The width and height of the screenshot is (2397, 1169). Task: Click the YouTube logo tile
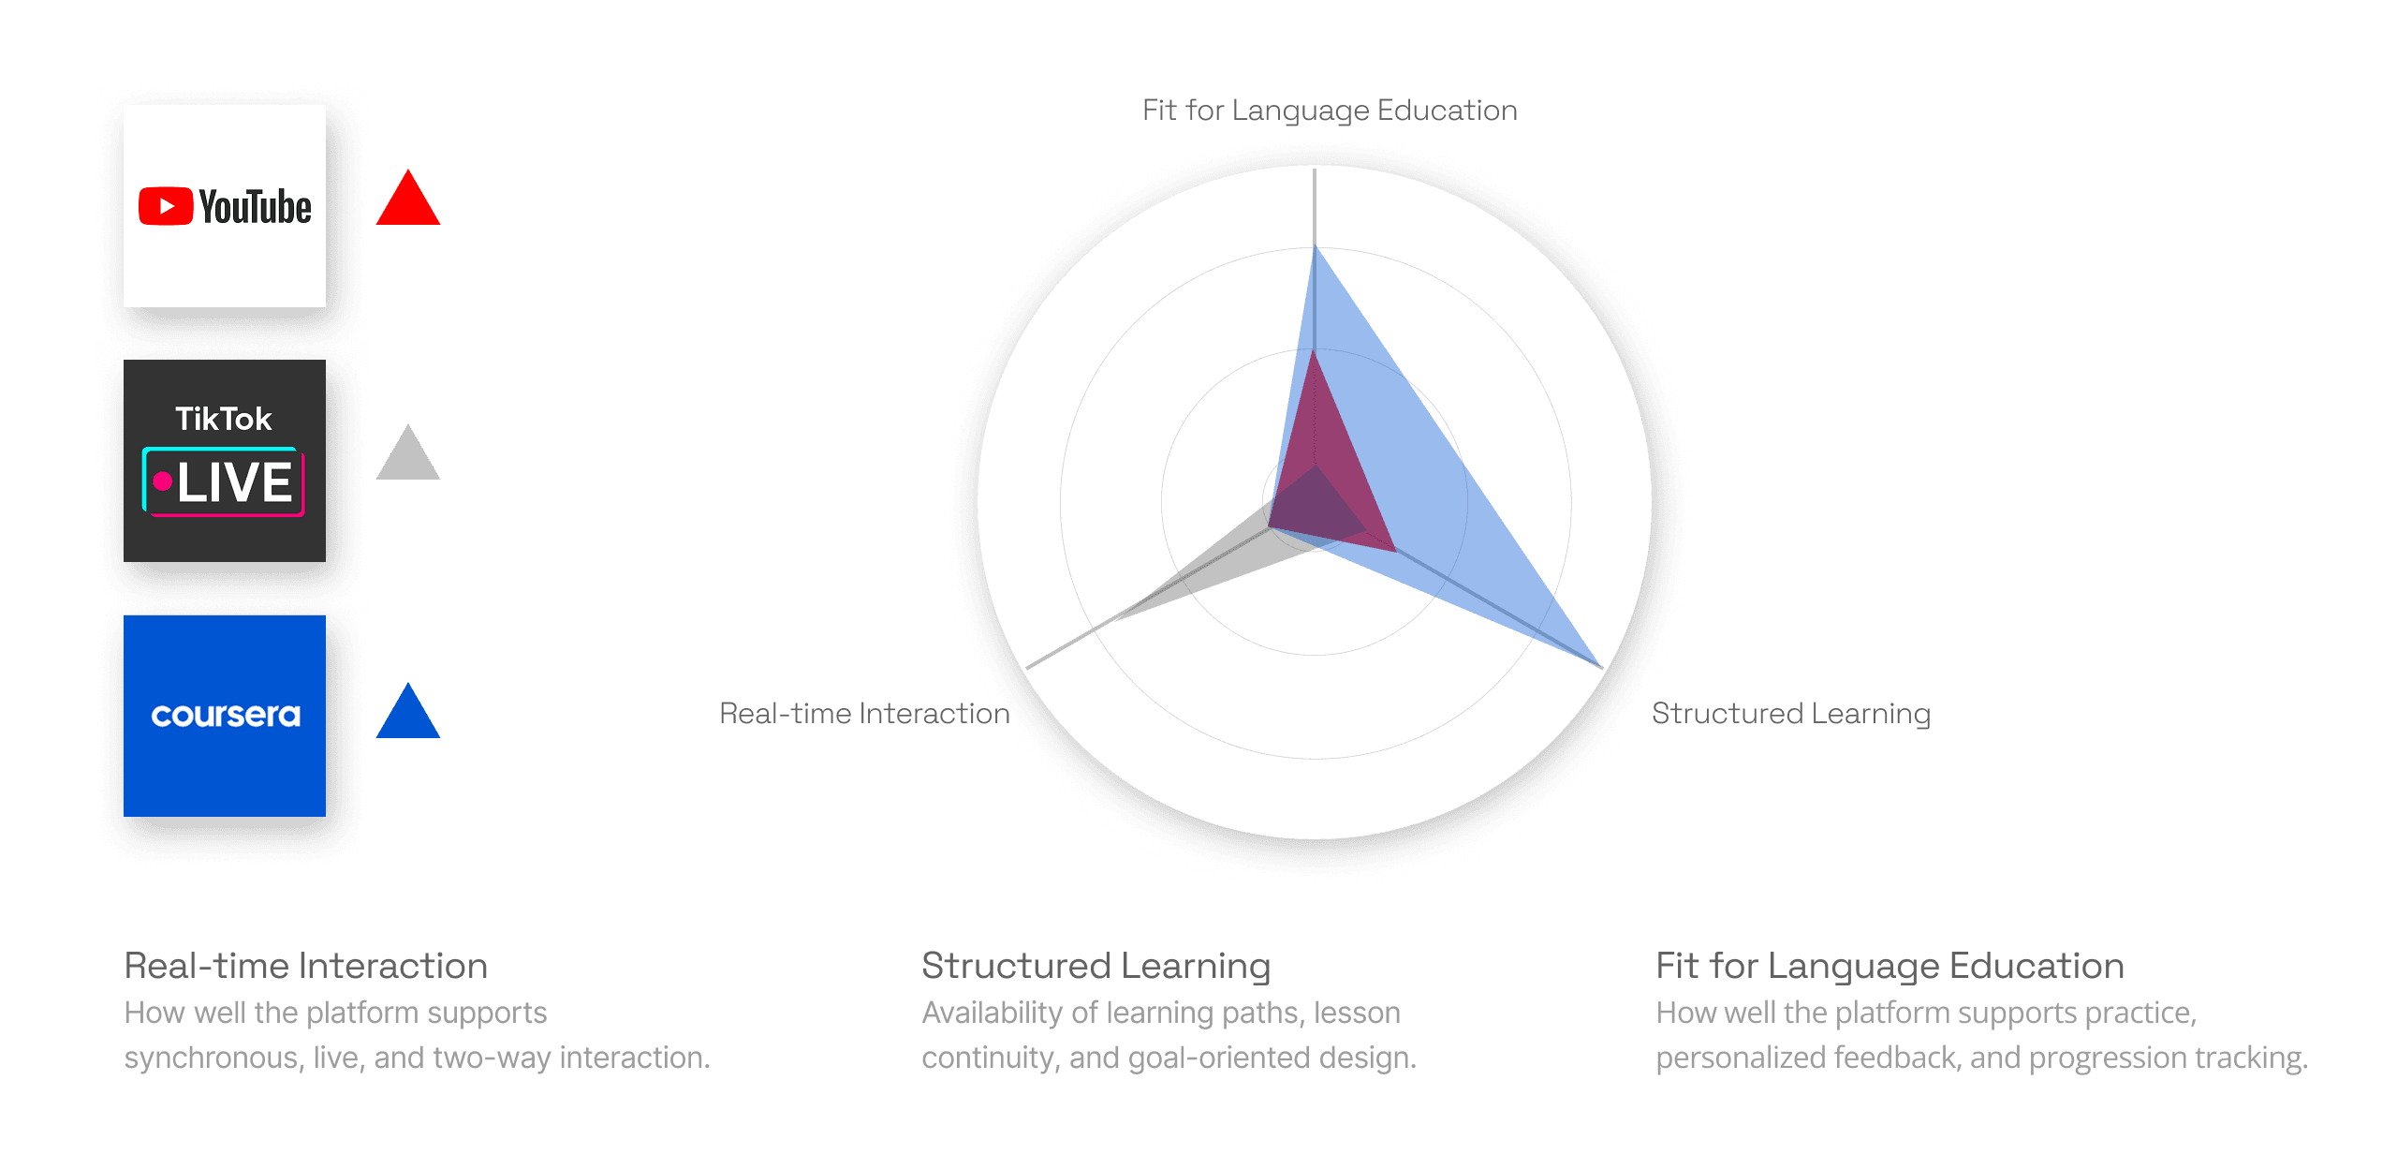[x=225, y=206]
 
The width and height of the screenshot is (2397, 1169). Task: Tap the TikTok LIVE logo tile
[x=225, y=461]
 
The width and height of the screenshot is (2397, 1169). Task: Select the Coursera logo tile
[x=225, y=716]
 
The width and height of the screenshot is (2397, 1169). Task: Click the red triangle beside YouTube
[x=408, y=202]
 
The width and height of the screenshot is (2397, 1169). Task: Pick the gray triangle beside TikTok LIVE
[x=408, y=457]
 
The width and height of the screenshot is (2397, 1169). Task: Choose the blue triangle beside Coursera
[x=408, y=716]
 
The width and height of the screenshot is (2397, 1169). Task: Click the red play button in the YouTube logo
[x=166, y=207]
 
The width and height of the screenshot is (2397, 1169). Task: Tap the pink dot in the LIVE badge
[x=163, y=481]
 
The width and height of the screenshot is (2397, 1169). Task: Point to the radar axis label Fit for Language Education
[x=1330, y=111]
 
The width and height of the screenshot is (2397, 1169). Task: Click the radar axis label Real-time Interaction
[x=860, y=714]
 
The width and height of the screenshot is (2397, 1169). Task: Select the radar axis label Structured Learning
[x=1790, y=714]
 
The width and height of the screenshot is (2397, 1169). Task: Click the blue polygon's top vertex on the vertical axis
[x=1316, y=248]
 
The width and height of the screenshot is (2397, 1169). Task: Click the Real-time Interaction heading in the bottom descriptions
[x=306, y=966]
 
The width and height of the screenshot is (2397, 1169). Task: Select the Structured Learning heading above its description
[x=1096, y=966]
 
